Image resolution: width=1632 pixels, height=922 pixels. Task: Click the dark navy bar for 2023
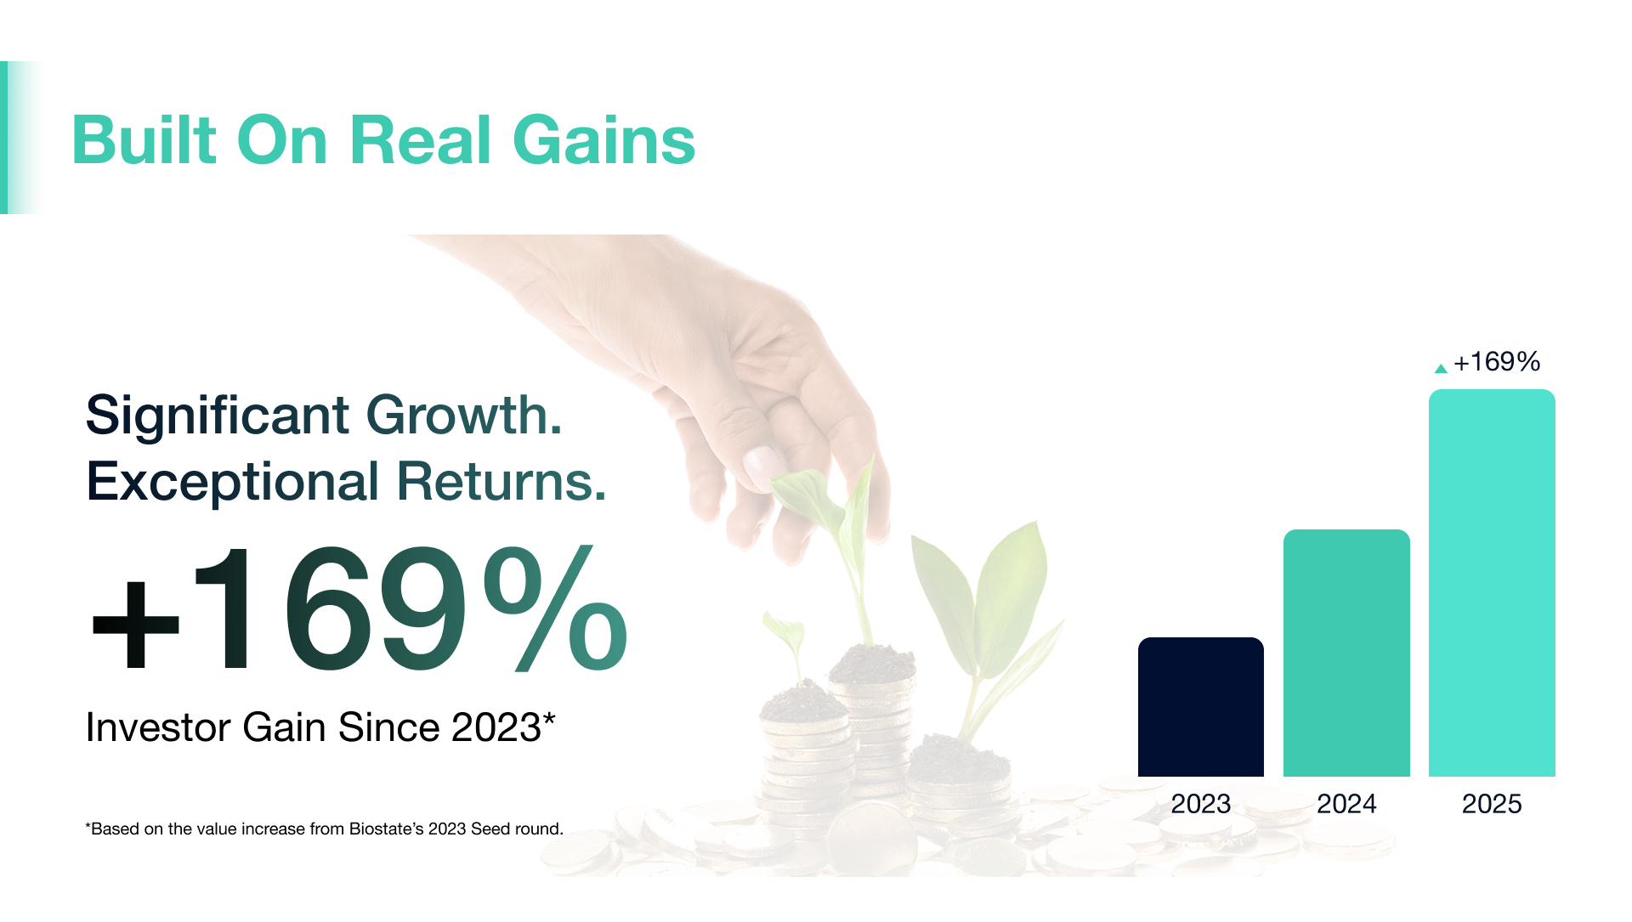1200,706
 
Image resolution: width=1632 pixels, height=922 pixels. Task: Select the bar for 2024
1346,653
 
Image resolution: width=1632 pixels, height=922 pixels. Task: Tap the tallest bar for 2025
1491,583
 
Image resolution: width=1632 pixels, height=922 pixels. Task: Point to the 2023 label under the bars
1200,803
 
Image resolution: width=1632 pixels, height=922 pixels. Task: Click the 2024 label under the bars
1346,803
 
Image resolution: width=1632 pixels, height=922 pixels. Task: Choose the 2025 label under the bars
1491,803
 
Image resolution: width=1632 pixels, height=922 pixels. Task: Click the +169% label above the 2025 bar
1496,362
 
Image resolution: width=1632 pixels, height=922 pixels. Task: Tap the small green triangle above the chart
1440,369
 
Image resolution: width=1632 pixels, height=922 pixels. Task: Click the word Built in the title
144,140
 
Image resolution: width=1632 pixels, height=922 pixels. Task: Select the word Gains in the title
603,140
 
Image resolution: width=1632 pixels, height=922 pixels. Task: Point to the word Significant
217,416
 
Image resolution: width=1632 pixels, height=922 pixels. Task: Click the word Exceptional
232,482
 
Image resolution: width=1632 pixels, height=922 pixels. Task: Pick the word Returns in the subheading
501,482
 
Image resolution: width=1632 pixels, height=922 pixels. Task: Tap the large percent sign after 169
555,608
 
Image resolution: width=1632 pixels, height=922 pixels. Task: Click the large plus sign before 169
135,625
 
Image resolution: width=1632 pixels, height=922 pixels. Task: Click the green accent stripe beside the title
4,138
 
